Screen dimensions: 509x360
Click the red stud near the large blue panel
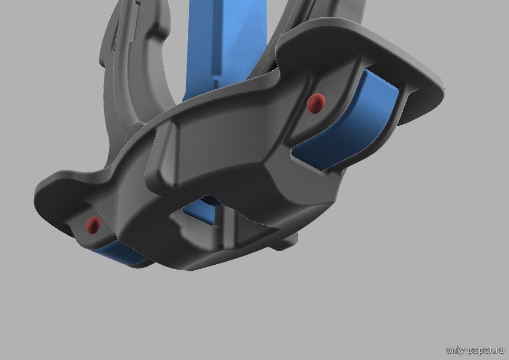[316, 103]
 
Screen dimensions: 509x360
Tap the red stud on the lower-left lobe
[93, 225]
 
